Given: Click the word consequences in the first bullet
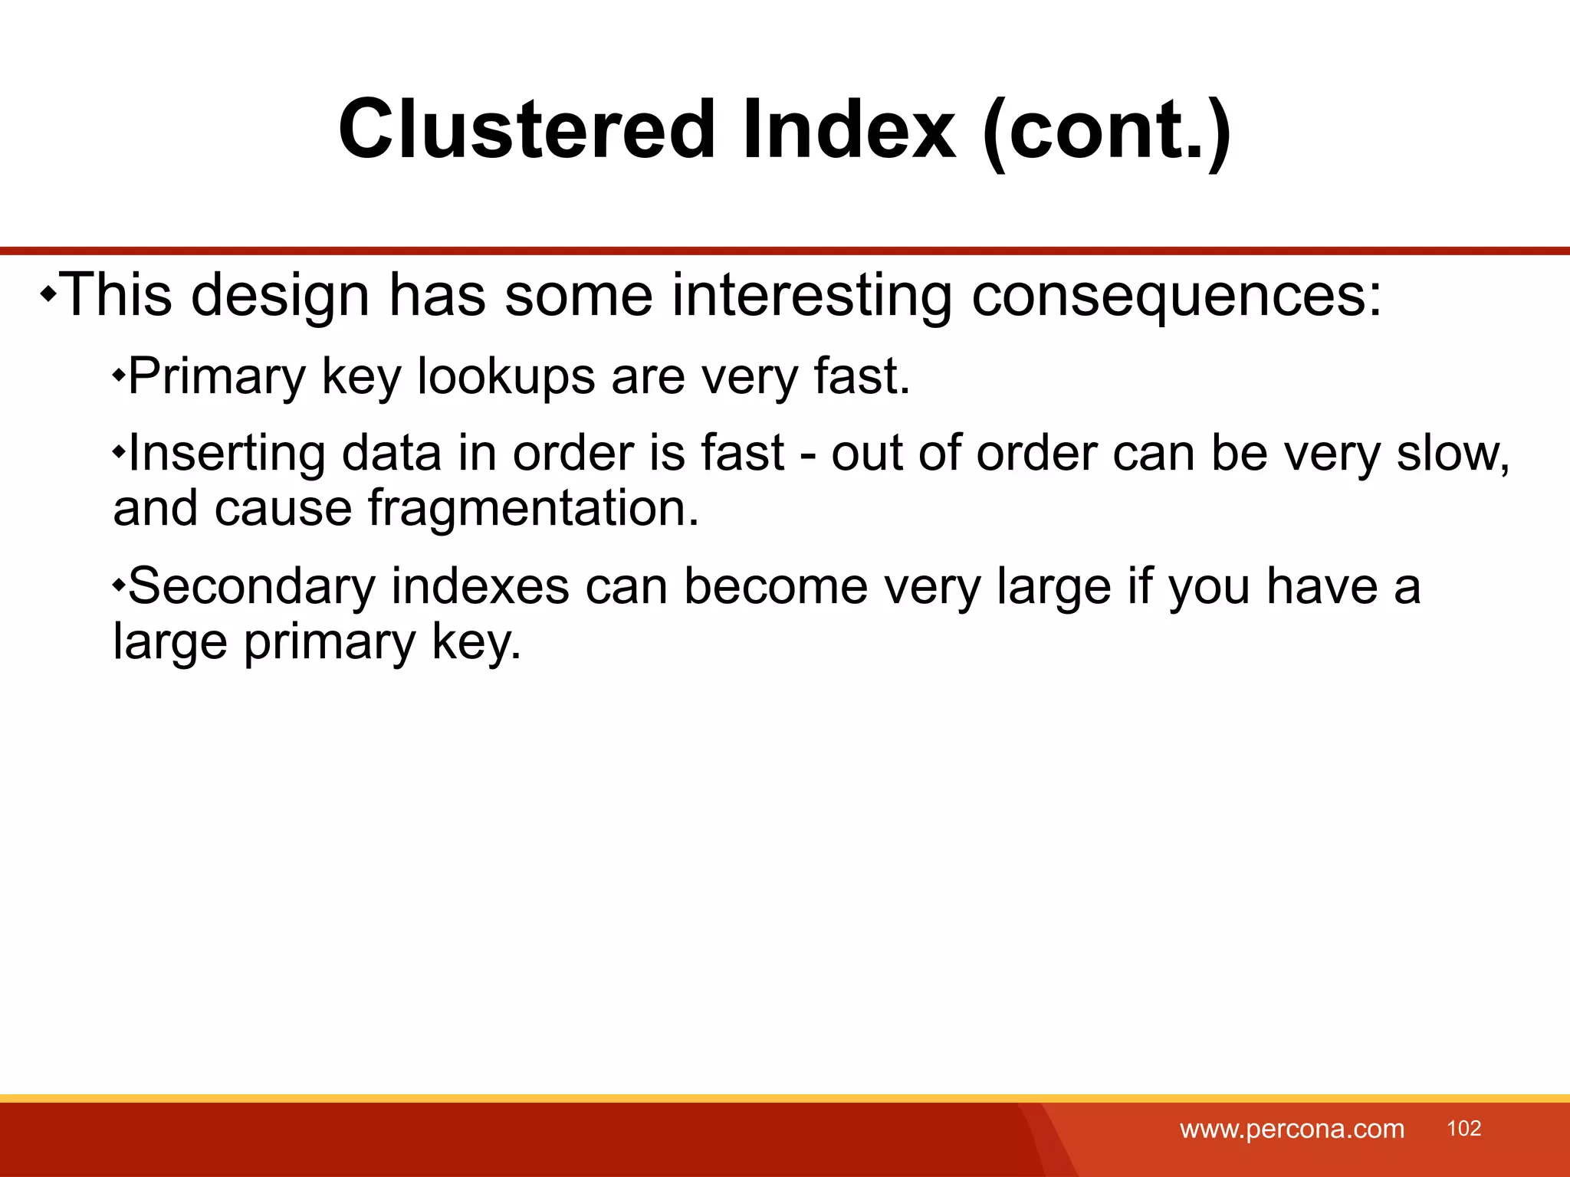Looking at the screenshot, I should (1175, 296).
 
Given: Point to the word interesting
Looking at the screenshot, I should (812, 296).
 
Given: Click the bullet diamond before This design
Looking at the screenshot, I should (48, 294).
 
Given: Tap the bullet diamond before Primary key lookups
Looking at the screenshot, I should (118, 375).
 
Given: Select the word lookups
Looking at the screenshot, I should (505, 377).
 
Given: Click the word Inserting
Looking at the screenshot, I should (226, 454).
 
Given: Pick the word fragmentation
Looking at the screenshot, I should (533, 508).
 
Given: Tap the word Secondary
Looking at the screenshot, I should (251, 587).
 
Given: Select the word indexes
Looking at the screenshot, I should (480, 587).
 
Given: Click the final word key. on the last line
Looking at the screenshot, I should (476, 642).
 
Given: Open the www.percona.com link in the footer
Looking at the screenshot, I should (1292, 1129).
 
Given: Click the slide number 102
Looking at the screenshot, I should (1463, 1128).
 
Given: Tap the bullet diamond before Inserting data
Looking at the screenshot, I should (118, 452).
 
